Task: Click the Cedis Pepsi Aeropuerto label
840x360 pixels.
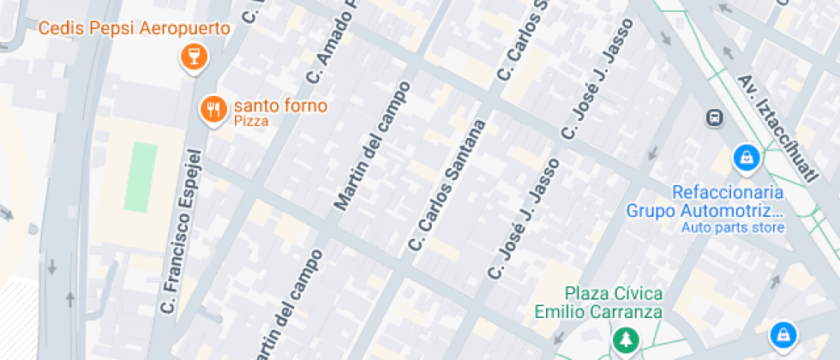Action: pyautogui.click(x=134, y=29)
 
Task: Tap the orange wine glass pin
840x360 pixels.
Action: pyautogui.click(x=195, y=57)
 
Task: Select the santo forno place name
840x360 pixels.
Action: pyautogui.click(x=280, y=106)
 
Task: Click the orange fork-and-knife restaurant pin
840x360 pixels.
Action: pyautogui.click(x=213, y=109)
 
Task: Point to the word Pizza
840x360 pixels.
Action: pyautogui.click(x=251, y=122)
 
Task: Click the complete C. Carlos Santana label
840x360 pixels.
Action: pyautogui.click(x=447, y=186)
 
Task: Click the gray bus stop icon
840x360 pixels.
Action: pyautogui.click(x=713, y=117)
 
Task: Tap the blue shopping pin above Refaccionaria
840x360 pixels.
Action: pyautogui.click(x=747, y=157)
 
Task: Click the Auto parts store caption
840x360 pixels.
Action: pyautogui.click(x=733, y=227)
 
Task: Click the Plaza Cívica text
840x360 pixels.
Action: pyautogui.click(x=612, y=293)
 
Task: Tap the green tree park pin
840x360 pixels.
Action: pyautogui.click(x=627, y=339)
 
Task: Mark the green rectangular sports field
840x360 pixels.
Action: pyautogui.click(x=141, y=177)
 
